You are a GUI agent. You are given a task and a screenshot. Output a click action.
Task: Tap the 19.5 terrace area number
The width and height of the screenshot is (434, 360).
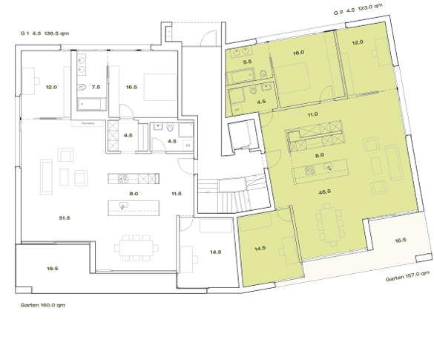[51, 269]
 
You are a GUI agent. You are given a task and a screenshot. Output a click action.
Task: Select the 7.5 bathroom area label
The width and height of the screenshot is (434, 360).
[95, 87]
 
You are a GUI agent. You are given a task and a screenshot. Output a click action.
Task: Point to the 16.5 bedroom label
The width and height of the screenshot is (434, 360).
[132, 87]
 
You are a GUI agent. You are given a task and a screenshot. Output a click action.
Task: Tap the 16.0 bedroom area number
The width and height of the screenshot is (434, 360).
[298, 53]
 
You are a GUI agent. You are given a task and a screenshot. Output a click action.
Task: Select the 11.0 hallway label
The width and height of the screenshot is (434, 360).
[312, 114]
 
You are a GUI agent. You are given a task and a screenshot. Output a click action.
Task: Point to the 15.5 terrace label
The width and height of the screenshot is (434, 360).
[401, 240]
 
